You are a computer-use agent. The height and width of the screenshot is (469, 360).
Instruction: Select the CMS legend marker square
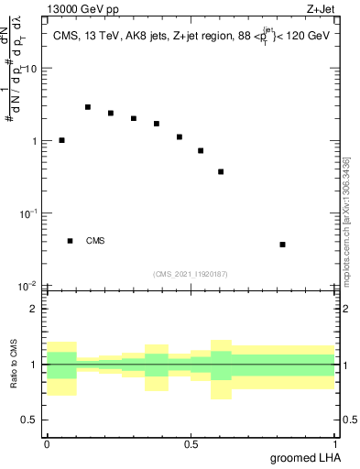pos(70,241)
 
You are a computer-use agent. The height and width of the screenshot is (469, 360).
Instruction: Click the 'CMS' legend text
pos(95,241)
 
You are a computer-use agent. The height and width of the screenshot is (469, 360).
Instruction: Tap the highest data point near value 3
pos(88,107)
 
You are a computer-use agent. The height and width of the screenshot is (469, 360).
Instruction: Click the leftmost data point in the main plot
pos(61,140)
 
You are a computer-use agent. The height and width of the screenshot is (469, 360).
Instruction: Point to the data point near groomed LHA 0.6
pos(221,171)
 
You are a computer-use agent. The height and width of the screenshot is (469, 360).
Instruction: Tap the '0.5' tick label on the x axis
pos(191,443)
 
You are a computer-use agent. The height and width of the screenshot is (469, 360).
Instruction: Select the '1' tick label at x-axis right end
pos(335,443)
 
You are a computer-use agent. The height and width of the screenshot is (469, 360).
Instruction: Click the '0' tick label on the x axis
pos(47,443)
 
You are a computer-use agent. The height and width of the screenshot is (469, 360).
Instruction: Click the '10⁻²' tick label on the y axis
pos(29,286)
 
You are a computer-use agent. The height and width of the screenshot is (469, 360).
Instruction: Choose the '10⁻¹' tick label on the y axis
pos(29,213)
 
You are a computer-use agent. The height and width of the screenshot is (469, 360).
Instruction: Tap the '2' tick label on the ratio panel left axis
pos(36,310)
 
